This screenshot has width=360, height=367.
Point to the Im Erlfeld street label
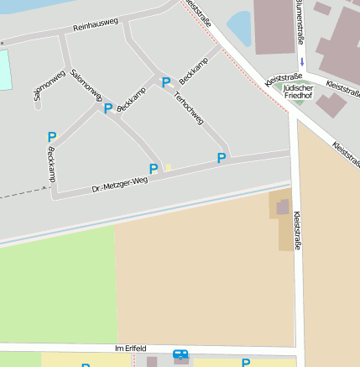point(130,348)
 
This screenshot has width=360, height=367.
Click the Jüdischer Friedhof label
point(298,92)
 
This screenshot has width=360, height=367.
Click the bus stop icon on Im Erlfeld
point(180,355)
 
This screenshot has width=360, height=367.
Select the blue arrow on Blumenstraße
point(301,62)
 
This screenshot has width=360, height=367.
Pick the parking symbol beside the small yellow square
point(153,169)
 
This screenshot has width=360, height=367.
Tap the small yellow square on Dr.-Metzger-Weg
point(168,167)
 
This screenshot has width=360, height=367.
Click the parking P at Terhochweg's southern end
point(222,158)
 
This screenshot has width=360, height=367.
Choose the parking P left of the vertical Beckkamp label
point(51,137)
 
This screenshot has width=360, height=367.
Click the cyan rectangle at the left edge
point(5,70)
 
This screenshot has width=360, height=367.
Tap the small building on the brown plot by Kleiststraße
point(283,207)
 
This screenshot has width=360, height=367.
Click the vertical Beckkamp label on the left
point(51,166)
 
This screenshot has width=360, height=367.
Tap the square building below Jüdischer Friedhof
point(331,105)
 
